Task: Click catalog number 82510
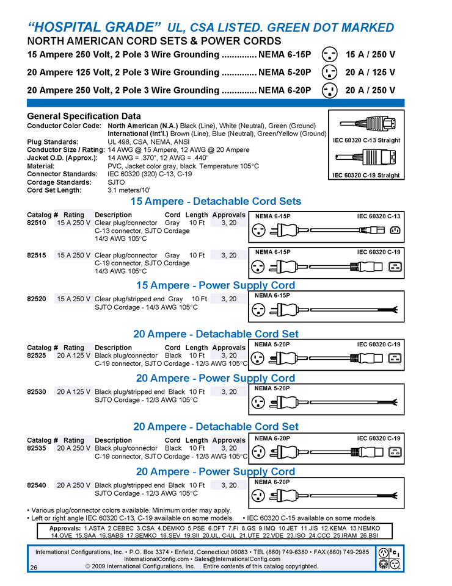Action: [36, 223]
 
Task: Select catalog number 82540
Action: [36, 485]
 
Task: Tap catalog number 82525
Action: [36, 356]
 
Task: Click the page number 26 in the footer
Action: [33, 568]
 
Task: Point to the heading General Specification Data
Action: [84, 116]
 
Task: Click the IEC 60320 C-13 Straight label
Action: [366, 140]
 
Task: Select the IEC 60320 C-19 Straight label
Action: [366, 176]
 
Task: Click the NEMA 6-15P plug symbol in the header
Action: [329, 54]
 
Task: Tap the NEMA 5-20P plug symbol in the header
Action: [329, 73]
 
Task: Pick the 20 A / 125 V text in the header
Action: [370, 73]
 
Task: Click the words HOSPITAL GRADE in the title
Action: [95, 27]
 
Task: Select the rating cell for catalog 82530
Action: [74, 392]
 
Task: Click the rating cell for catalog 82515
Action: [74, 255]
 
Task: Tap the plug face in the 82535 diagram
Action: [258, 452]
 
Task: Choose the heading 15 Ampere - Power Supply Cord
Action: [215, 285]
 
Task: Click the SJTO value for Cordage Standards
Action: [116, 182]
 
